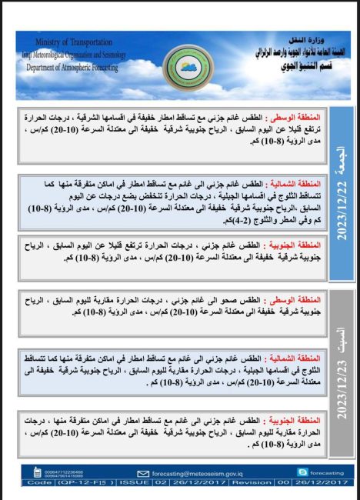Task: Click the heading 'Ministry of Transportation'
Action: coord(74,42)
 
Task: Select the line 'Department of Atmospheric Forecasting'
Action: coord(72,66)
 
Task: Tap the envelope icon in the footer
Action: coord(142,473)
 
